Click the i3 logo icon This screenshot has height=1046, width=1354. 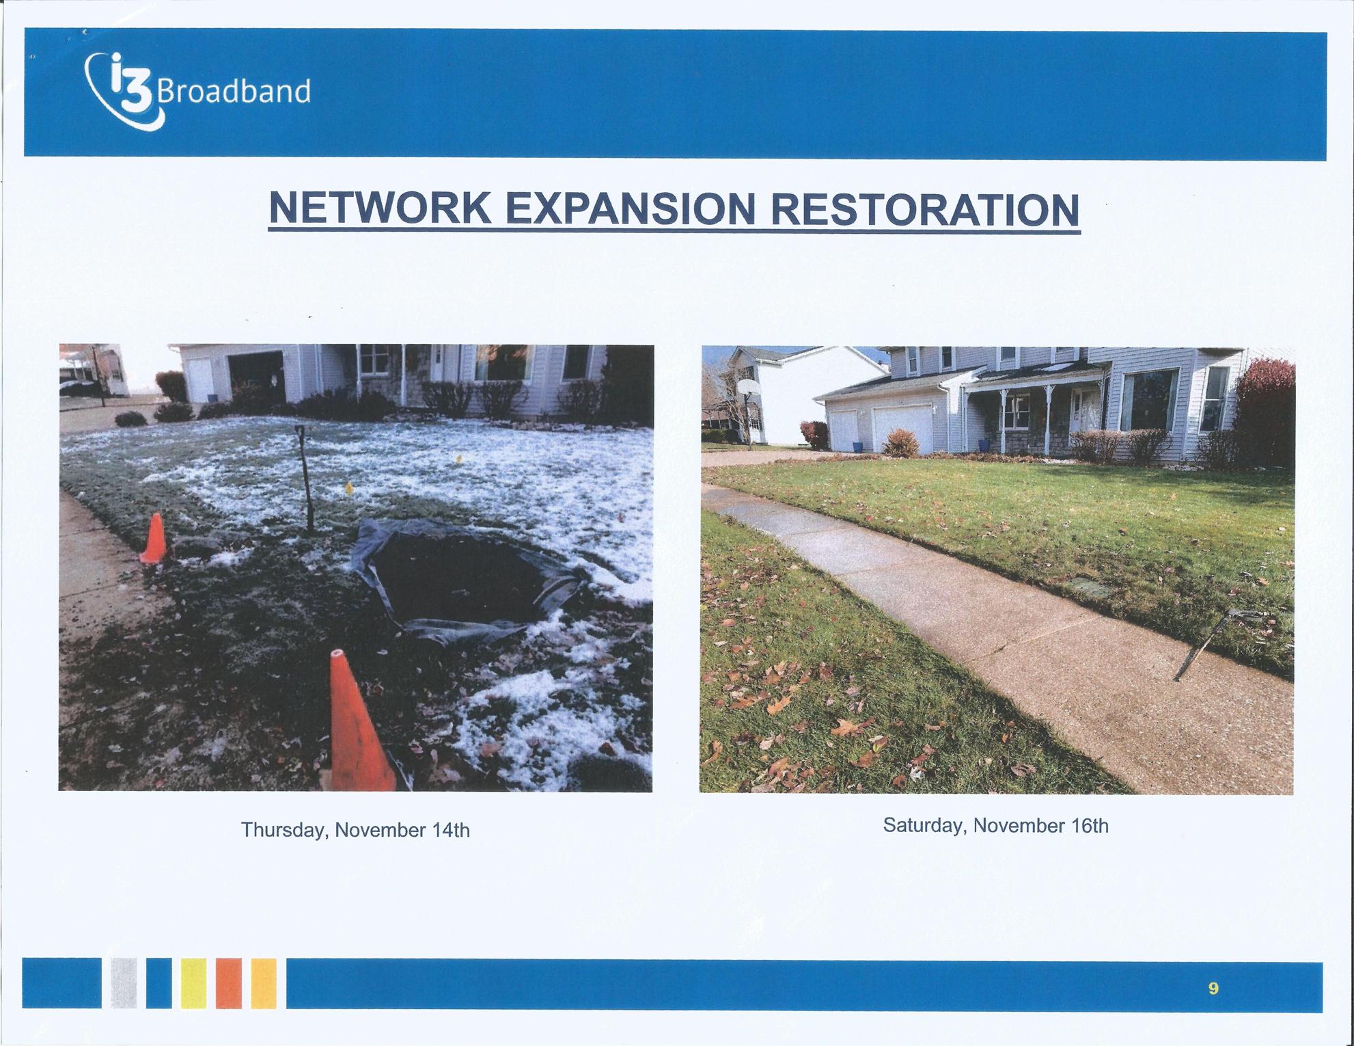tap(123, 92)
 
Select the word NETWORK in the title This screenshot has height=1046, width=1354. tap(380, 209)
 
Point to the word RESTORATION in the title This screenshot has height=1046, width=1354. tap(924, 209)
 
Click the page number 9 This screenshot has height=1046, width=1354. tap(1213, 988)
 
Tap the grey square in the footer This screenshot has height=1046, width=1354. tap(124, 983)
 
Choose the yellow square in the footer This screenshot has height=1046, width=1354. tap(193, 983)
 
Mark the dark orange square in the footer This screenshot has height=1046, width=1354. tap(229, 983)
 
